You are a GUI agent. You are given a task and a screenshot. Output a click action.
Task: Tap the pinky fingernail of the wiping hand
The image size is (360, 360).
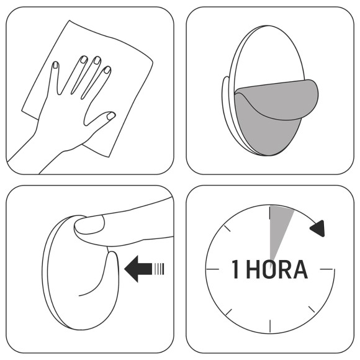click(55, 65)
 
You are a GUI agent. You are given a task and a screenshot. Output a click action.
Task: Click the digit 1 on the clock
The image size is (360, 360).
click(236, 270)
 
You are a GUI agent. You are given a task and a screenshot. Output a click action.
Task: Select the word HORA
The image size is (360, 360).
click(277, 270)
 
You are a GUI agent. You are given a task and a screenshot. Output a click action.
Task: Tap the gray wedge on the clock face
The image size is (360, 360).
click(279, 225)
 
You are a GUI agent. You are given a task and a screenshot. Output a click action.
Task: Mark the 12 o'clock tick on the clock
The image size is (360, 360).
click(270, 215)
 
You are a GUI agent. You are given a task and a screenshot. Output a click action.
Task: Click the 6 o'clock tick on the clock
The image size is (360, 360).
click(270, 326)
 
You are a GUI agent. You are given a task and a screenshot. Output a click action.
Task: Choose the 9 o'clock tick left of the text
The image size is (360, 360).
click(215, 269)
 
